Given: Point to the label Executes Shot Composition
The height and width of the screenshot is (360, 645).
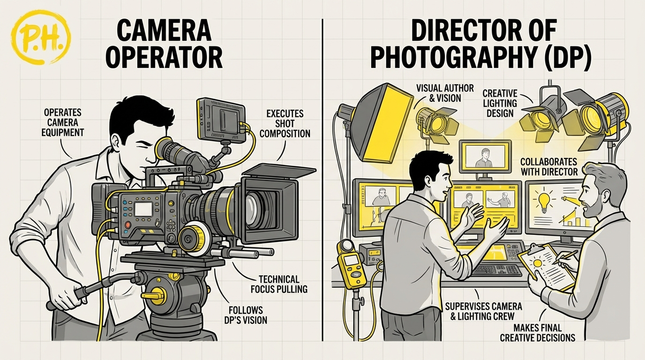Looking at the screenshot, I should pyautogui.click(x=285, y=123).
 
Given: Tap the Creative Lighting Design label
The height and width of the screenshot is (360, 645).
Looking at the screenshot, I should pyautogui.click(x=500, y=103).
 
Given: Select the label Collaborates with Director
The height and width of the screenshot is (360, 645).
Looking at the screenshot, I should pyautogui.click(x=549, y=166).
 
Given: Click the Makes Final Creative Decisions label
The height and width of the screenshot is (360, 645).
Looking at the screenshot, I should pyautogui.click(x=537, y=332).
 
